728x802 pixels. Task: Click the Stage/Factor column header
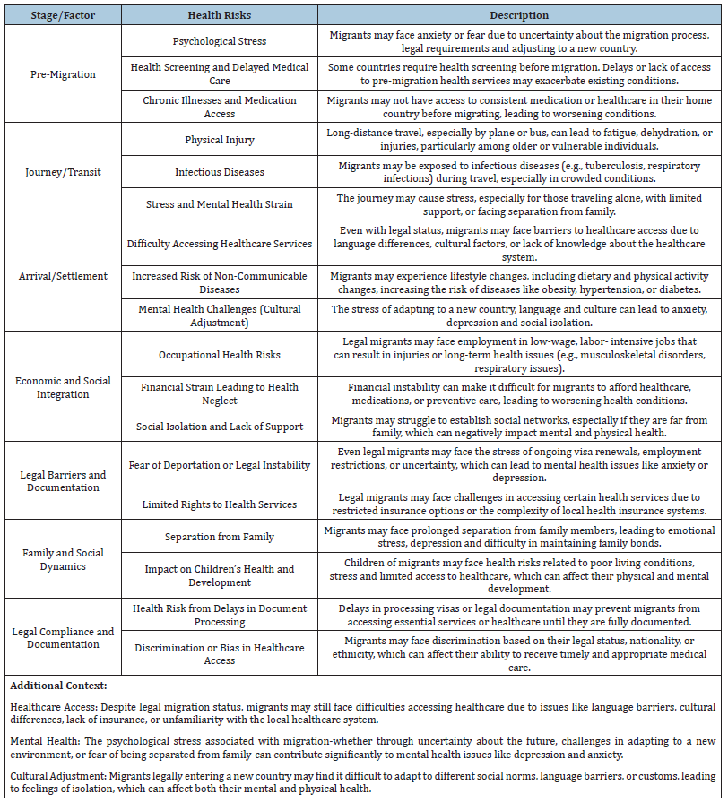(x=63, y=15)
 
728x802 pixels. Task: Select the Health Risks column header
(x=219, y=15)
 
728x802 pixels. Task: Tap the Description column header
(x=519, y=15)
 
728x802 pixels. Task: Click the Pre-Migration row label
(x=63, y=74)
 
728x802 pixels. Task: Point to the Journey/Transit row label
(x=63, y=172)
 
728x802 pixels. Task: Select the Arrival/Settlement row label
(x=63, y=276)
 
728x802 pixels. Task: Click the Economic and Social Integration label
(x=63, y=387)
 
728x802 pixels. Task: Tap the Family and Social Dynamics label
(x=63, y=559)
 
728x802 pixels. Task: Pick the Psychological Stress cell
(x=219, y=41)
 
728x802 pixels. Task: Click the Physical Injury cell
(x=219, y=140)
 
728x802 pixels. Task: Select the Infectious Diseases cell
(x=219, y=172)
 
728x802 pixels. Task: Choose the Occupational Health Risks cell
(x=219, y=355)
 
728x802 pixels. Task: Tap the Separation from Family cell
(x=219, y=537)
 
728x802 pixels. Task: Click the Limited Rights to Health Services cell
(x=219, y=504)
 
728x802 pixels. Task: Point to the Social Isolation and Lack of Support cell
(x=219, y=427)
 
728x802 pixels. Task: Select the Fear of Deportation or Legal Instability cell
(x=219, y=465)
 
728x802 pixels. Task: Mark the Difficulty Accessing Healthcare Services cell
(x=219, y=244)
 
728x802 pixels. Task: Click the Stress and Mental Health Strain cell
(x=219, y=204)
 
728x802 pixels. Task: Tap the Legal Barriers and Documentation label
(x=63, y=481)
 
